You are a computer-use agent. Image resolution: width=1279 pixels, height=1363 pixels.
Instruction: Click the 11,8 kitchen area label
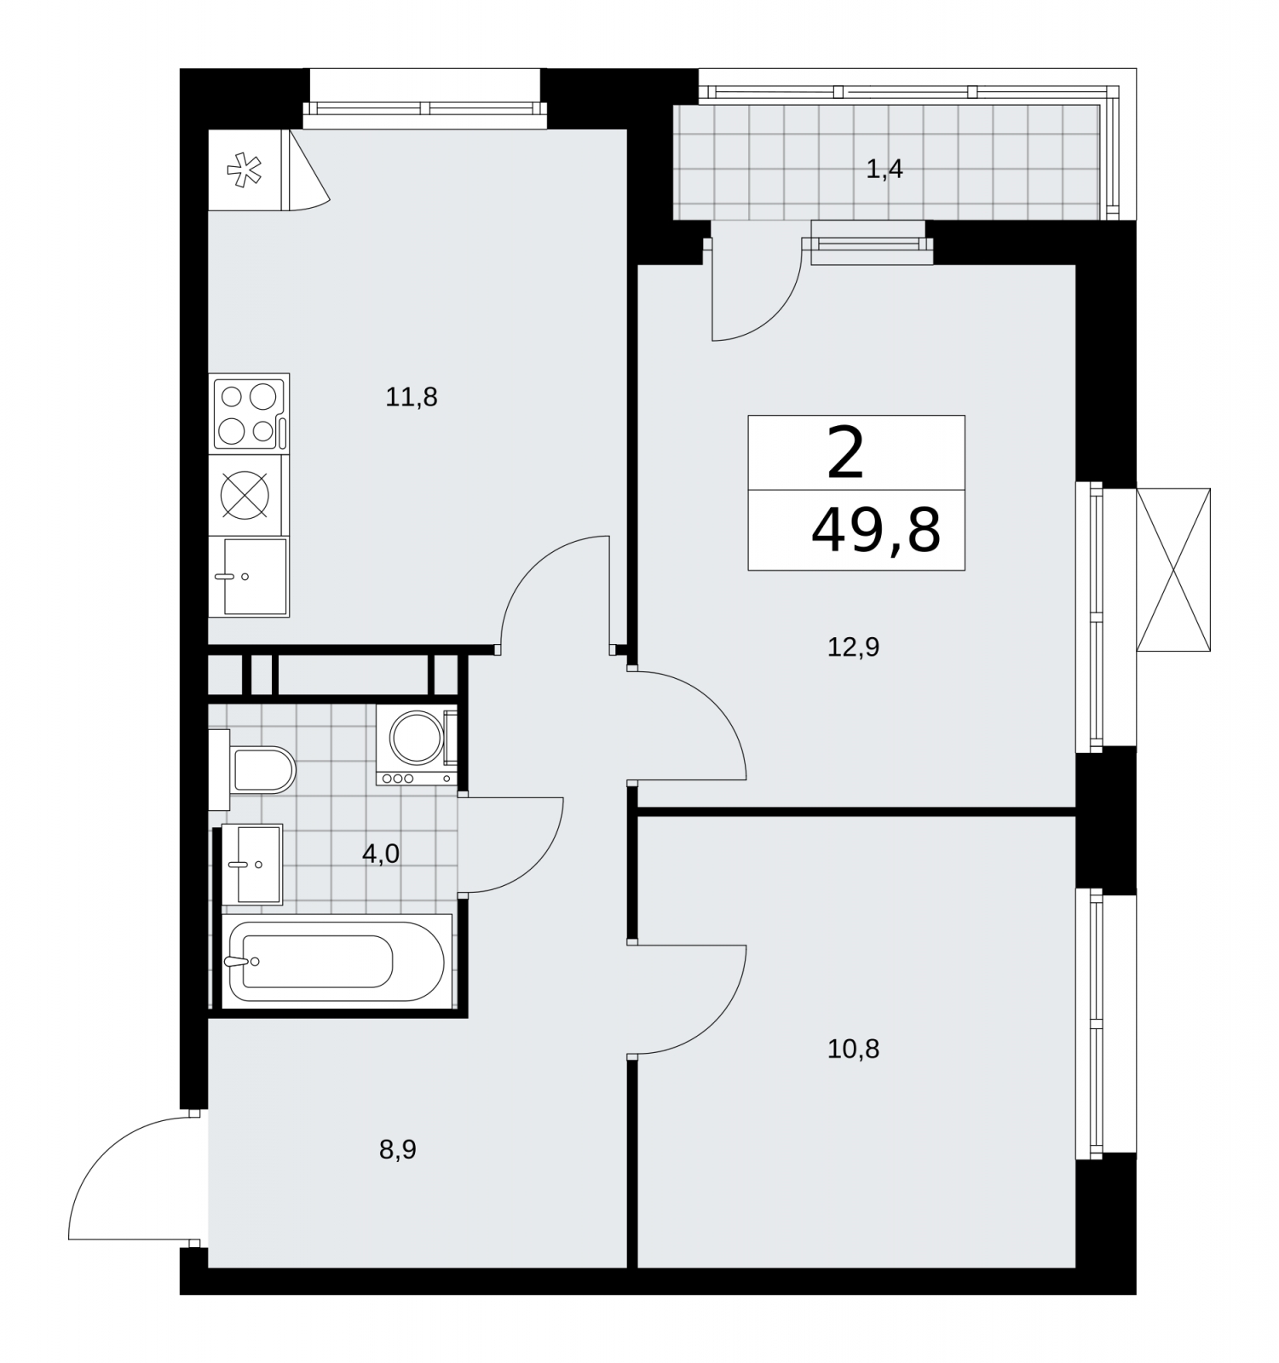click(x=412, y=397)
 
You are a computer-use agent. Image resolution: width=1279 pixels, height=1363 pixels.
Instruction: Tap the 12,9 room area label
click(x=853, y=647)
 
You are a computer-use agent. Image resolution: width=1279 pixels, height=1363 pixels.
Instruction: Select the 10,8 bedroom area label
click(x=853, y=1049)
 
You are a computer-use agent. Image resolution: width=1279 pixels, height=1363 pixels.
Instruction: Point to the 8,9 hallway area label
click(x=398, y=1150)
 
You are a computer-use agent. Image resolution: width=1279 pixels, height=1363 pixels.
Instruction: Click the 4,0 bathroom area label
click(x=381, y=854)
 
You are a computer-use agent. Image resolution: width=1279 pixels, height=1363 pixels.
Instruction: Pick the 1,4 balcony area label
click(x=884, y=170)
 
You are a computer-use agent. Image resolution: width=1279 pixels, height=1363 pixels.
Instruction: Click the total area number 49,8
click(x=876, y=531)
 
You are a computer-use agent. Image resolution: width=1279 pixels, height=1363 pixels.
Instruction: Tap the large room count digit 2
click(x=845, y=453)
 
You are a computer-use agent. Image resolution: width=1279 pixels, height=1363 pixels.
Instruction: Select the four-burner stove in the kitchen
click(x=250, y=414)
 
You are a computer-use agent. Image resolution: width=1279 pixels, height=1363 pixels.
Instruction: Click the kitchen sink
click(x=250, y=577)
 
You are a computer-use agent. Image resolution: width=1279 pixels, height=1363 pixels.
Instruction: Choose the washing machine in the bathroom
click(x=417, y=745)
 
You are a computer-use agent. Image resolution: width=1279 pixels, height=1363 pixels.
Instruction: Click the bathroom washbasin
click(x=252, y=864)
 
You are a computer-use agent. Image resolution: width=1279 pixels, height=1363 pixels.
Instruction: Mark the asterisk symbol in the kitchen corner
click(x=245, y=170)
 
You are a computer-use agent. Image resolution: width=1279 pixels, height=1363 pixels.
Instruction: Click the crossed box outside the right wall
click(x=1173, y=570)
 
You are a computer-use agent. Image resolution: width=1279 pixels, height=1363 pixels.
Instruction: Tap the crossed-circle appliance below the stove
click(x=245, y=495)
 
